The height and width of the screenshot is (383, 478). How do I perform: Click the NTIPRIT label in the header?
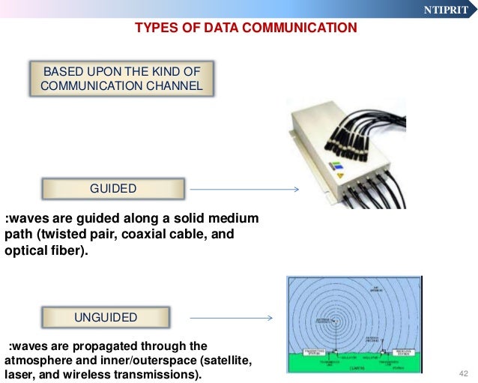447,10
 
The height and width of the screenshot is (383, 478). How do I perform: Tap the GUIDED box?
113,189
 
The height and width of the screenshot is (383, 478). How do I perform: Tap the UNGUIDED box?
106,317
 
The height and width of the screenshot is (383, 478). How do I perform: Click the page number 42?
462,373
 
